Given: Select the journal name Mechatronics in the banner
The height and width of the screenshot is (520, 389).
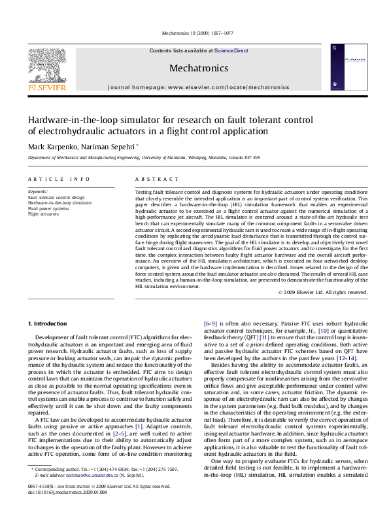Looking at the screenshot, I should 198,68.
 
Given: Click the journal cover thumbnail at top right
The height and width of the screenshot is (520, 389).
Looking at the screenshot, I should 344,67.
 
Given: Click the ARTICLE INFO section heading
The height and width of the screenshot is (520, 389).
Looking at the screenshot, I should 59,179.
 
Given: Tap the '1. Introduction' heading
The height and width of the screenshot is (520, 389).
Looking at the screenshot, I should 49,324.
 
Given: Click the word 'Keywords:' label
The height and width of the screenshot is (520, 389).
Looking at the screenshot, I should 38,191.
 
